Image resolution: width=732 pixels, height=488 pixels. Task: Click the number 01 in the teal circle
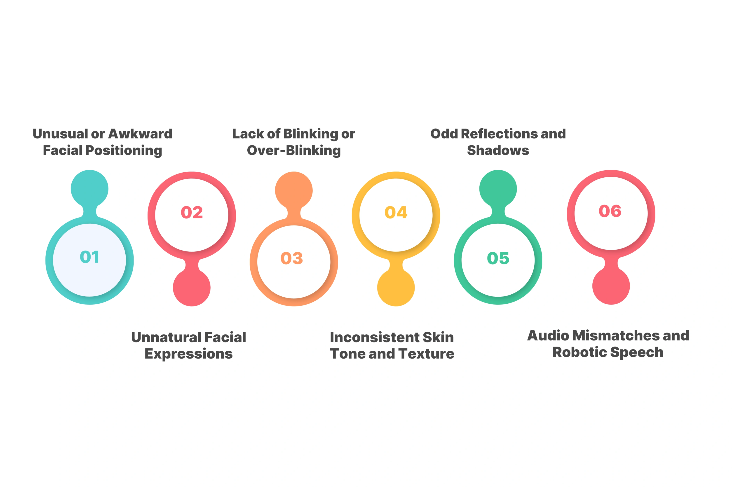tap(90, 257)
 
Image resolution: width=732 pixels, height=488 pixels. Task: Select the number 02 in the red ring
tap(192, 213)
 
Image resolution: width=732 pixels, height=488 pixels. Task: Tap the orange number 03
tap(292, 258)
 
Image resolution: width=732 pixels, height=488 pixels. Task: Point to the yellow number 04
tap(396, 213)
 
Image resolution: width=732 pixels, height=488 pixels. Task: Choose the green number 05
tap(498, 258)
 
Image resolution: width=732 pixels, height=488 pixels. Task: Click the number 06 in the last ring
tap(610, 211)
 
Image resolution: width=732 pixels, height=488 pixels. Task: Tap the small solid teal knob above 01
tap(90, 189)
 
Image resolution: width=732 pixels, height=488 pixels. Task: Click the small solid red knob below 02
tap(192, 288)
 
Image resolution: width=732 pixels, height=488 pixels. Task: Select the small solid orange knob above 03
tap(294, 190)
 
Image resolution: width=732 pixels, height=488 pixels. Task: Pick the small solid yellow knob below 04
tap(396, 288)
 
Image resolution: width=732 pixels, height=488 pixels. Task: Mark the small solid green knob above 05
tap(498, 189)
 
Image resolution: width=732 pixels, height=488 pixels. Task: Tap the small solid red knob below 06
tap(611, 286)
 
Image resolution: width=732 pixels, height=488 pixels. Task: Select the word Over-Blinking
tap(294, 151)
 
